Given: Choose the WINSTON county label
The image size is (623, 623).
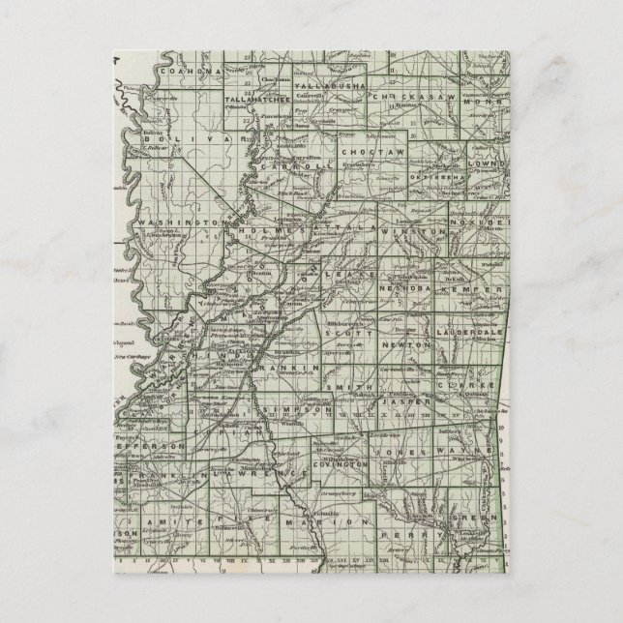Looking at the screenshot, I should point(427,233).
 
